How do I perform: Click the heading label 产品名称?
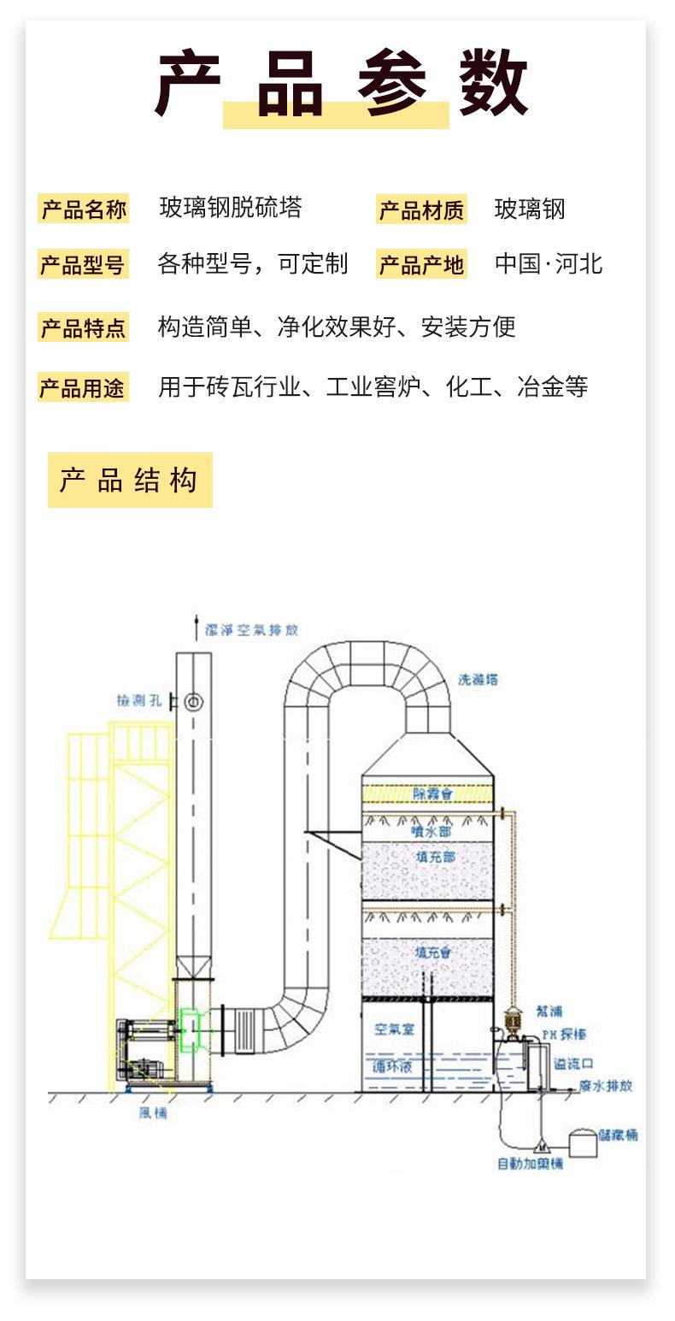pyautogui.click(x=84, y=209)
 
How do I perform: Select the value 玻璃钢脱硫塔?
pyautogui.click(x=231, y=208)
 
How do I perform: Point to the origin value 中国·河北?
pyautogui.click(x=549, y=263)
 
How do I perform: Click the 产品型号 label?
pyautogui.click(x=83, y=265)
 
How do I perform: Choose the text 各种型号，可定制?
pyautogui.click(x=253, y=263)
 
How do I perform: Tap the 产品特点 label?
pyautogui.click(x=83, y=327)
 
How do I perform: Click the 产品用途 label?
pyautogui.click(x=83, y=388)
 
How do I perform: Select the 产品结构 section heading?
pyautogui.click(x=129, y=481)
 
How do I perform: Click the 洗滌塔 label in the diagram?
pyautogui.click(x=478, y=680)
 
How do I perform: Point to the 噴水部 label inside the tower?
pyautogui.click(x=431, y=830)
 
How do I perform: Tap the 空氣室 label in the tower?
pyautogui.click(x=394, y=1029)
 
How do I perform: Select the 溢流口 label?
pyautogui.click(x=572, y=1064)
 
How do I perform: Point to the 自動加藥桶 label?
pyautogui.click(x=530, y=1163)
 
